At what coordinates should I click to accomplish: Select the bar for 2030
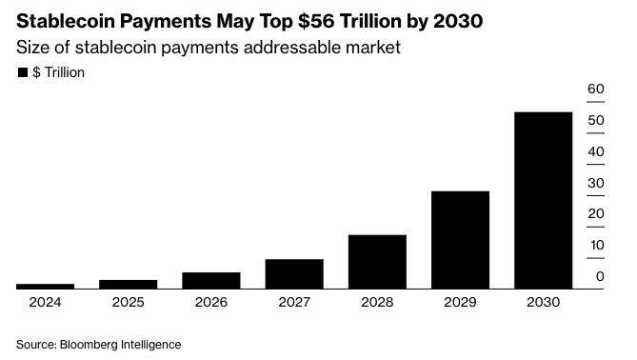(543, 200)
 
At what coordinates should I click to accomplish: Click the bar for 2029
(460, 239)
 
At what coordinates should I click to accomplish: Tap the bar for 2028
(377, 261)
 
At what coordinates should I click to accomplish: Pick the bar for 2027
(294, 273)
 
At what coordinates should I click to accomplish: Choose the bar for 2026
(211, 280)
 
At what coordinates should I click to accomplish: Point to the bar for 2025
(129, 284)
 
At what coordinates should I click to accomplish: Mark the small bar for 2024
(46, 286)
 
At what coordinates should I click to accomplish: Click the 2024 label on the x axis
(46, 302)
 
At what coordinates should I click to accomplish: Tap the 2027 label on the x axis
(294, 302)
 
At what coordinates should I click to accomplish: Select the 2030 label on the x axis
(543, 302)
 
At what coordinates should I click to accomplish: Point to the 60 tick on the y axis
(596, 90)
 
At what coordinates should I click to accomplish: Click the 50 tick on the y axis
(596, 121)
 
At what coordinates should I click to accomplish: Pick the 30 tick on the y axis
(596, 183)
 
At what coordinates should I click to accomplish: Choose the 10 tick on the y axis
(596, 246)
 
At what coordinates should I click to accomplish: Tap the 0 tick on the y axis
(600, 276)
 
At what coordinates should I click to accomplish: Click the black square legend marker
(22, 73)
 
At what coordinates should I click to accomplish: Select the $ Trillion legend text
(59, 73)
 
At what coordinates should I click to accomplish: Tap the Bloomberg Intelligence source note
(98, 343)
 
